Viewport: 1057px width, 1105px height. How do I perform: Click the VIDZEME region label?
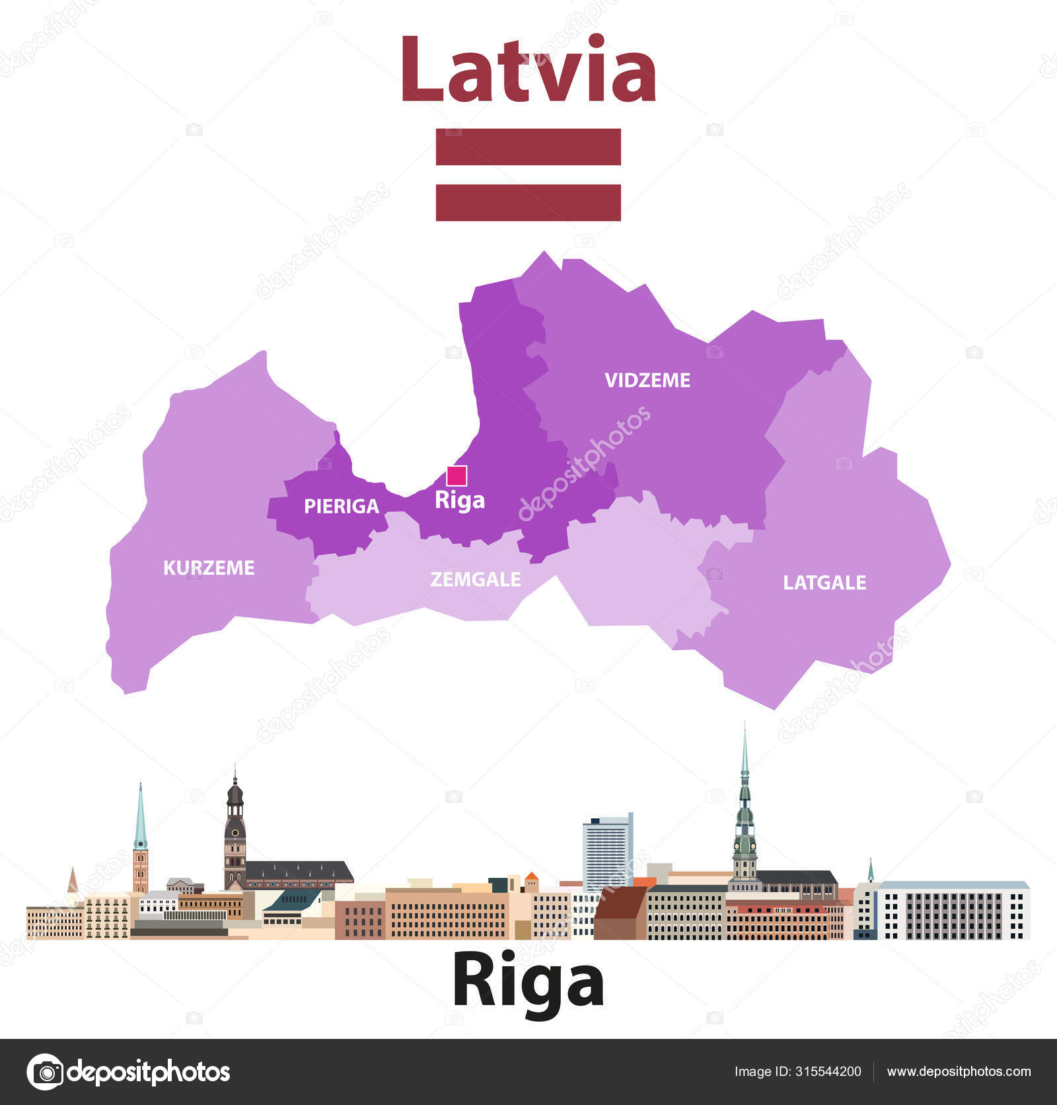click(x=647, y=380)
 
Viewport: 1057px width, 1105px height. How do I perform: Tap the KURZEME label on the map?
click(x=209, y=568)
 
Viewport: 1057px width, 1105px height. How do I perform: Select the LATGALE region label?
click(x=824, y=582)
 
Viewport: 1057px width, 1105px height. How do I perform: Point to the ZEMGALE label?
click(x=476, y=580)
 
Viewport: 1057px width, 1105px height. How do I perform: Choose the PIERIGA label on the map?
click(x=342, y=506)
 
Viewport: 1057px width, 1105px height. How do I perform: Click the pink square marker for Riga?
click(x=456, y=476)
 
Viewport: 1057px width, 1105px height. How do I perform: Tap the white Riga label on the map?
click(x=460, y=500)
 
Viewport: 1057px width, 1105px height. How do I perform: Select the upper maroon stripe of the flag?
click(x=528, y=147)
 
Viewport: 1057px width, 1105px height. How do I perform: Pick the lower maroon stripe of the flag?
click(x=528, y=202)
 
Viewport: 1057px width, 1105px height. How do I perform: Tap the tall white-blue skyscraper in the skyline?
click(x=607, y=853)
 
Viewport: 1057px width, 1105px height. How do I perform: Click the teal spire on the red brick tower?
click(x=140, y=819)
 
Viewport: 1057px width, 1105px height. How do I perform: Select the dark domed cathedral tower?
click(x=235, y=833)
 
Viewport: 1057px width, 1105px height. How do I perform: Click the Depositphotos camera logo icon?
click(x=45, y=1071)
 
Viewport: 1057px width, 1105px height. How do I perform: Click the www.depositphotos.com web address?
click(x=959, y=1071)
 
